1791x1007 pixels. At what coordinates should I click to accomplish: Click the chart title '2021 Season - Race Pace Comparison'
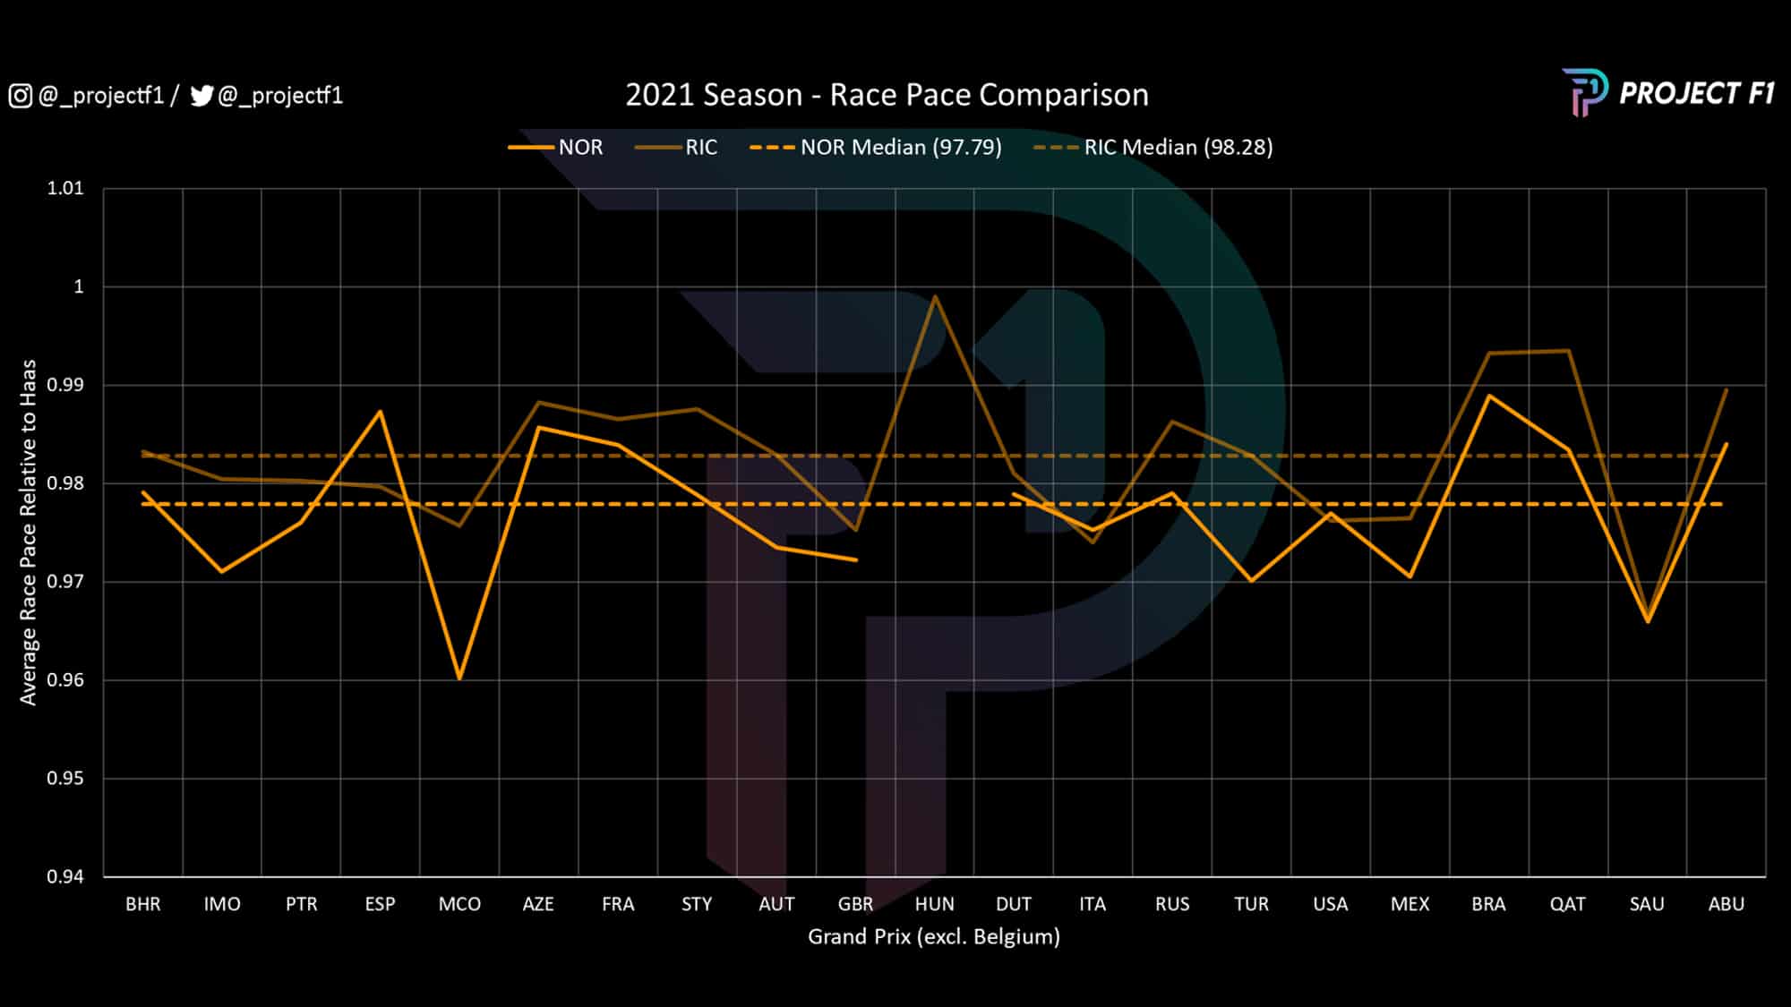click(x=887, y=95)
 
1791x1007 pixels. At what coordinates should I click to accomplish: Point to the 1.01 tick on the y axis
click(x=65, y=188)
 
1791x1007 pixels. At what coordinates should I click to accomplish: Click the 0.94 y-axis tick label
click(x=65, y=876)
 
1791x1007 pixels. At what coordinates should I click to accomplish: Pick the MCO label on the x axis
click(x=459, y=904)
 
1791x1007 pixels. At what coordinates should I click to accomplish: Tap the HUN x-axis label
click(x=934, y=904)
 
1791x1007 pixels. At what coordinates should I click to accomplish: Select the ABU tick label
click(x=1726, y=904)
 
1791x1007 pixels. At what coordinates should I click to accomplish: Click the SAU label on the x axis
click(x=1647, y=904)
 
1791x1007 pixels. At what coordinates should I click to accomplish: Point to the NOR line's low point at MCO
click(x=459, y=678)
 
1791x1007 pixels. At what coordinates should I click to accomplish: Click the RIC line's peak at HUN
click(x=935, y=296)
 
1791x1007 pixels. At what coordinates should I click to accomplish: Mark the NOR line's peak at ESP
click(x=381, y=411)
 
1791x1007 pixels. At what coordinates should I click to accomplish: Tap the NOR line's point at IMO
click(x=222, y=572)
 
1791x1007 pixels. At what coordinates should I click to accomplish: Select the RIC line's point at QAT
click(x=1568, y=351)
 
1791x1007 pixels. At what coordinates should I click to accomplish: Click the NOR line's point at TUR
click(x=1251, y=581)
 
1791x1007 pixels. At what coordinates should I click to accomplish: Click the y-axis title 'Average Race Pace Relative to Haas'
click(x=29, y=532)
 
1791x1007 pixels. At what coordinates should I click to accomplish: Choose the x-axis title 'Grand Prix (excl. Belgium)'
click(x=933, y=936)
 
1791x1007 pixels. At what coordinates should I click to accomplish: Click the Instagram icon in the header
click(x=20, y=96)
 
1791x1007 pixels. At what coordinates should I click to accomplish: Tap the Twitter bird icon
click(x=201, y=96)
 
